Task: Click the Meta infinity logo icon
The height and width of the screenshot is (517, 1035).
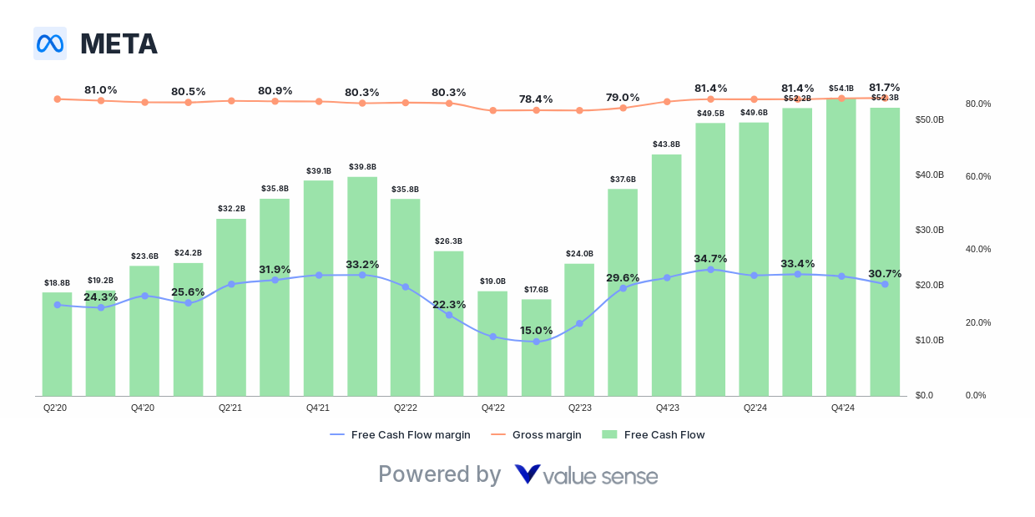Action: coord(50,43)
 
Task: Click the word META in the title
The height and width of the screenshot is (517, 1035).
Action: coord(119,43)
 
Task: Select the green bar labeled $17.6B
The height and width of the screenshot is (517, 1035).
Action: coord(536,347)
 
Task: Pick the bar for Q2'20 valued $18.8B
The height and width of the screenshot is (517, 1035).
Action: coord(57,343)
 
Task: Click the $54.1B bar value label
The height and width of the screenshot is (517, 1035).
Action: coord(841,89)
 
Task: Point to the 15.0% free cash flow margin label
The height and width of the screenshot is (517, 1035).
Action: coord(536,330)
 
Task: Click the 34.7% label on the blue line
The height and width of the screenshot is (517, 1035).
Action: coord(710,258)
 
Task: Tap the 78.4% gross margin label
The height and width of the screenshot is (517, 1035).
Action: coord(536,99)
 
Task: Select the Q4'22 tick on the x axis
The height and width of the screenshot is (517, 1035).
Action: coord(492,408)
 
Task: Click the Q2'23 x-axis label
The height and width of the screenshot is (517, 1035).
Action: coord(579,408)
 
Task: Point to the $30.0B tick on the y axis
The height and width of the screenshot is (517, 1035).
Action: coord(929,230)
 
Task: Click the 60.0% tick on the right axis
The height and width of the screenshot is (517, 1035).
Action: coord(977,176)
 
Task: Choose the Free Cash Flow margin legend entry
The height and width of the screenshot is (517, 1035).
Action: coord(400,434)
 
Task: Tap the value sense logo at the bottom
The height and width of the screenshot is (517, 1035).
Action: coord(586,475)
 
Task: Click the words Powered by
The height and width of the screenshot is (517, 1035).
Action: coord(439,474)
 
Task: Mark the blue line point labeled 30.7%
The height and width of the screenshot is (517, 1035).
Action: coord(885,284)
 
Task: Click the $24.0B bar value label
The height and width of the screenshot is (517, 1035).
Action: coord(579,254)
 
